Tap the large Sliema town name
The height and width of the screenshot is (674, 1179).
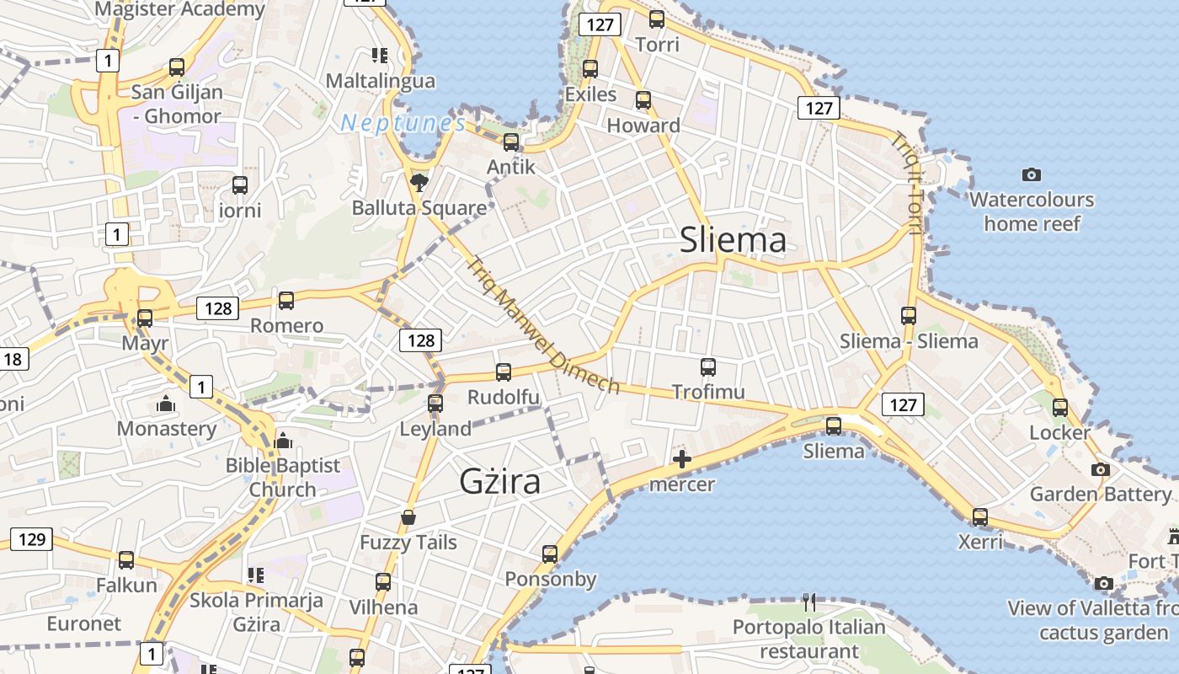click(x=733, y=240)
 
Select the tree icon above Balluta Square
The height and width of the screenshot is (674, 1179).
click(x=419, y=182)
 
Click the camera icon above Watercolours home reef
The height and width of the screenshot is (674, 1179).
click(x=1031, y=175)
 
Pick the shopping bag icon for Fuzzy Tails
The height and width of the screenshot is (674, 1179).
click(x=408, y=517)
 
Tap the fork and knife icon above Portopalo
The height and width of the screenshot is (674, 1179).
click(x=809, y=602)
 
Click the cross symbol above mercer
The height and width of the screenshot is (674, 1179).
click(x=682, y=459)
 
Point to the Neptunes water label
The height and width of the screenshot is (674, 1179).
click(x=403, y=124)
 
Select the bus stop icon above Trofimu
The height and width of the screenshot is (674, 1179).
click(x=708, y=367)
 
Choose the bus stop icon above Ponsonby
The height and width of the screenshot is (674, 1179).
click(x=550, y=554)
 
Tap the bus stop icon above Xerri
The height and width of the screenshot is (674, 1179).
click(x=980, y=517)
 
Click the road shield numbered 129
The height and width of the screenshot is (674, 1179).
click(x=31, y=539)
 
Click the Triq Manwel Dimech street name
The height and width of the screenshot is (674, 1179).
click(x=543, y=325)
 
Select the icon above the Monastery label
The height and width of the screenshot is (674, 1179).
click(x=166, y=404)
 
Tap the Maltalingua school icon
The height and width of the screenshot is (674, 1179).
click(x=380, y=56)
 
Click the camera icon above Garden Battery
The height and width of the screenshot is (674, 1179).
click(x=1100, y=469)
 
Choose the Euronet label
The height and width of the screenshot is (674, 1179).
click(x=84, y=623)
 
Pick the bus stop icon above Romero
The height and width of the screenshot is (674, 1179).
click(x=286, y=301)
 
